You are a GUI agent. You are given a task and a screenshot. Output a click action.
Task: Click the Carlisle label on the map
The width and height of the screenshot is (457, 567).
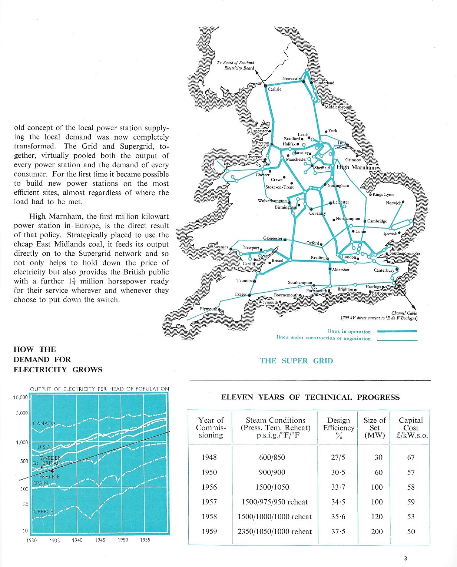[x=274, y=89]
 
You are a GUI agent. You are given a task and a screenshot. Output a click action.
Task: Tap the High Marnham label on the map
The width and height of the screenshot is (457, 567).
[x=356, y=167]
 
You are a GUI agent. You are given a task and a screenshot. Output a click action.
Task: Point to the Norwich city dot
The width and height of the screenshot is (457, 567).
[x=403, y=202]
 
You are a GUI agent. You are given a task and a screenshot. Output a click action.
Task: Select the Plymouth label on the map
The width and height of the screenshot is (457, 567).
[x=208, y=309]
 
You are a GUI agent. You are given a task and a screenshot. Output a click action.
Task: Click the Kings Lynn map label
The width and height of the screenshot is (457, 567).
[x=383, y=195]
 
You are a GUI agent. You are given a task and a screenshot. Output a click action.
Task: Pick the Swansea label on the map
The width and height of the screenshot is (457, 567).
[x=221, y=247]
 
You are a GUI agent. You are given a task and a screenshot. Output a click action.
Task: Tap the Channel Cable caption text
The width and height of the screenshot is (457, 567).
[x=404, y=313]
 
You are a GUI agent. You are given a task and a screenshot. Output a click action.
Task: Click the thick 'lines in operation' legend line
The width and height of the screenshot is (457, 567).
[x=397, y=331]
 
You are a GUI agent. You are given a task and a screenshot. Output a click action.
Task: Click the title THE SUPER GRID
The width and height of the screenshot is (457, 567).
[x=296, y=361]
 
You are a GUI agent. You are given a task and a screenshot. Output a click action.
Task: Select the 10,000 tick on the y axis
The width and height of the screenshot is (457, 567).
[x=20, y=397]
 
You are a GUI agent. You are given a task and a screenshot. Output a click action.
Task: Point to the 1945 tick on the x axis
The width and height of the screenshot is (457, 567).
[x=100, y=540]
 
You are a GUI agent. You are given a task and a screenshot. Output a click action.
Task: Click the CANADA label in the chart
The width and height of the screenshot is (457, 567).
[x=44, y=423]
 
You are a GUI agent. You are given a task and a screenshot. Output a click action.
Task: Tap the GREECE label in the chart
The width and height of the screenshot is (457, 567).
[x=43, y=511]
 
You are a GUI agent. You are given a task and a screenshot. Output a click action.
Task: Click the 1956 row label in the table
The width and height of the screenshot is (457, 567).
[x=209, y=487]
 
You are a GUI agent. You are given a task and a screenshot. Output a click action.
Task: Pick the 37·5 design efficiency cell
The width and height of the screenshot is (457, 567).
[x=338, y=531]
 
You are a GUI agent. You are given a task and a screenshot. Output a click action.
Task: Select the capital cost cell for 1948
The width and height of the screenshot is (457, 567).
[x=411, y=457]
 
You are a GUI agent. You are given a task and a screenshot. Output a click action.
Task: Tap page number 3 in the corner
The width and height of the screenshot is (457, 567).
[x=406, y=558]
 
